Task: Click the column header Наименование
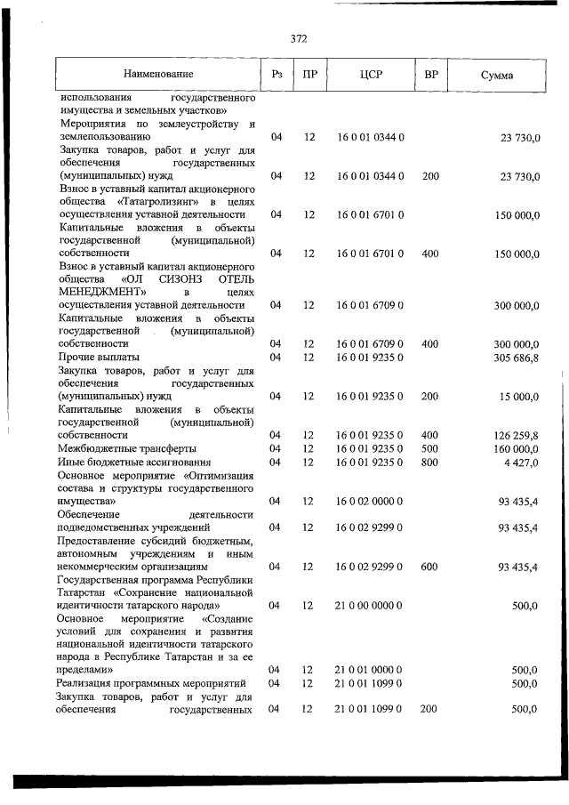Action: pos(158,75)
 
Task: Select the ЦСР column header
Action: pos(371,75)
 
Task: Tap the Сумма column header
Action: pos(495,76)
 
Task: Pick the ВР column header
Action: pos(431,75)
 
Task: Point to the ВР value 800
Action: pos(430,462)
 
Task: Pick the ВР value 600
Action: pos(430,566)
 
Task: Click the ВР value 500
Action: pos(430,448)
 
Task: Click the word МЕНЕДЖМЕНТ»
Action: pos(101,291)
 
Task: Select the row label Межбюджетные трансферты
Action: pos(127,448)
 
